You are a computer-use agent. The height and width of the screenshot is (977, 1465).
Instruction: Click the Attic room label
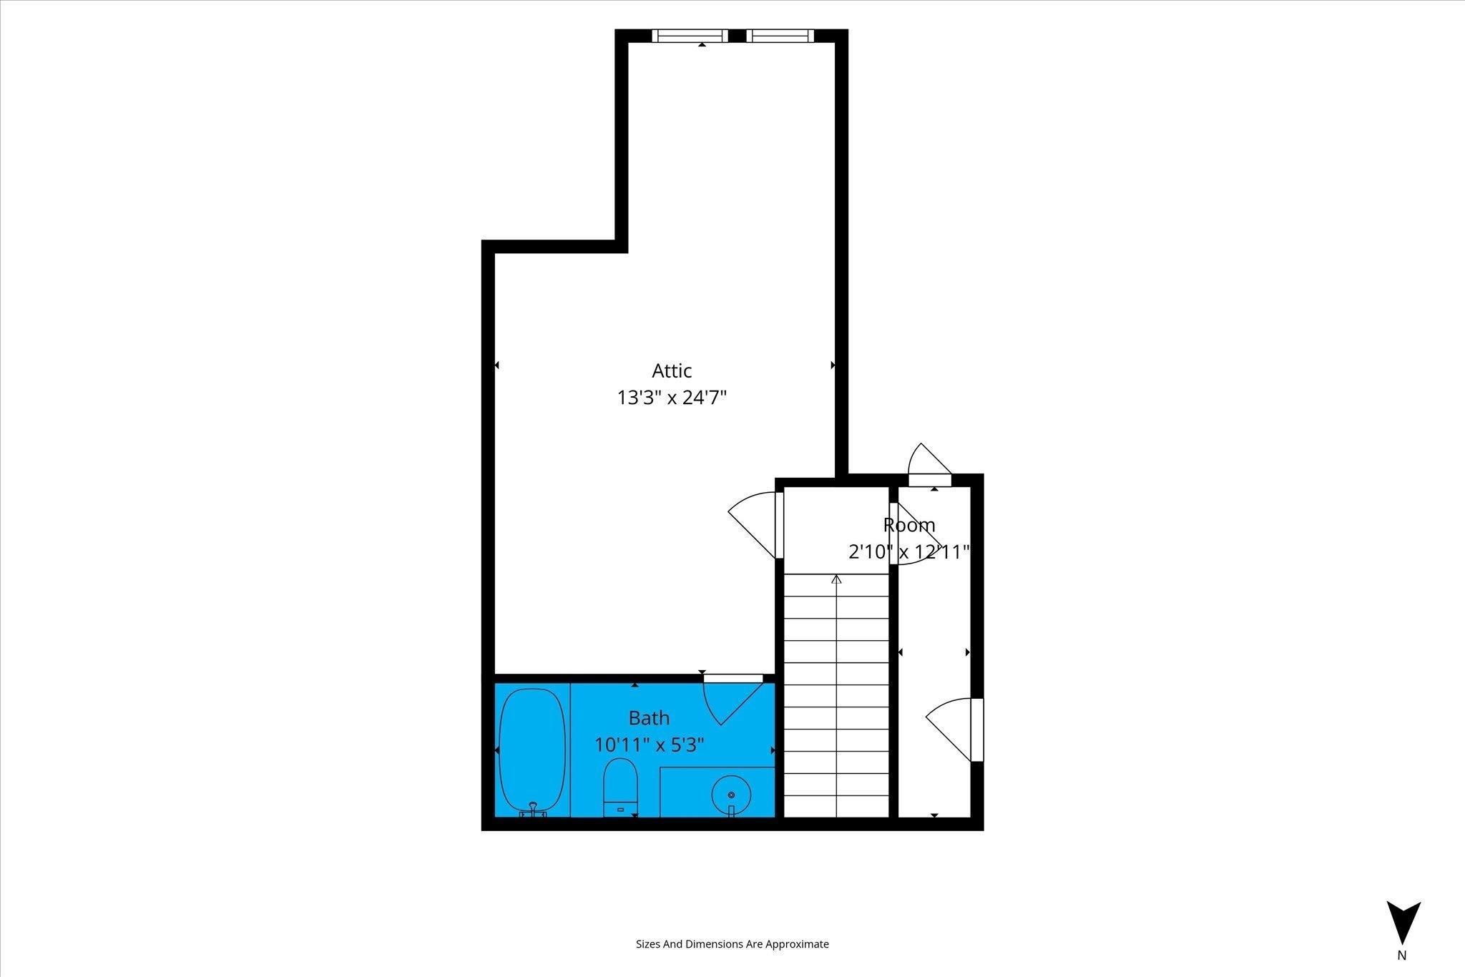coord(672,370)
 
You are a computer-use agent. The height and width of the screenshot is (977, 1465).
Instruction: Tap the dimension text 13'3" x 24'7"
coord(672,398)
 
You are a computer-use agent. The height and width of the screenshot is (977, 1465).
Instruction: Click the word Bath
coord(649,717)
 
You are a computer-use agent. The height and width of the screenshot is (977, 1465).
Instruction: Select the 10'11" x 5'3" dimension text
coord(650,745)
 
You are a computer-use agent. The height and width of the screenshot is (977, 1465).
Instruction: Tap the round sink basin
coord(731,795)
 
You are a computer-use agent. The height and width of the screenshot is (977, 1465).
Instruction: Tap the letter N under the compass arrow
coord(1402,956)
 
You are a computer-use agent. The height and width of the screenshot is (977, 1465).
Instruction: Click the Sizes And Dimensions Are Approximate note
coord(732,944)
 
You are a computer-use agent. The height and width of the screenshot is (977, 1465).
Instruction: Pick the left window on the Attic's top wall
coord(690,36)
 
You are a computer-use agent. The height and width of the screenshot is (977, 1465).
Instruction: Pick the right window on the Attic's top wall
coord(780,36)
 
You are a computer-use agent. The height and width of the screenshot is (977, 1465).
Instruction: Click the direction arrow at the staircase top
coord(836,579)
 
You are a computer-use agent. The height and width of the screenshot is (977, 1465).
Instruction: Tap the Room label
coord(909,525)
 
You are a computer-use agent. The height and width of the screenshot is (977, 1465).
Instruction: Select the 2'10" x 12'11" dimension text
coord(908,552)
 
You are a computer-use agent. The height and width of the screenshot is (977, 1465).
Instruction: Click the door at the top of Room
coord(930,466)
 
